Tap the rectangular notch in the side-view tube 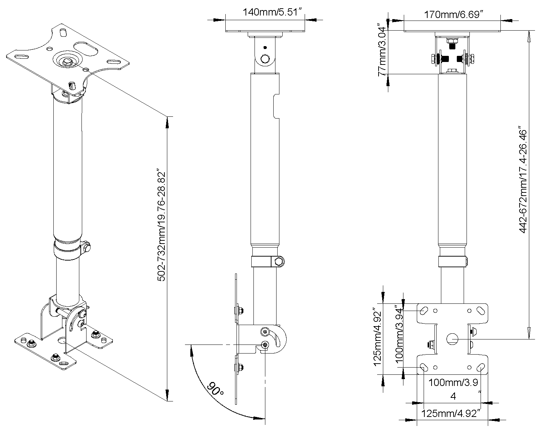[276, 106]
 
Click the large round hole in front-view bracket [452, 339]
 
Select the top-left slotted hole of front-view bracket [424, 310]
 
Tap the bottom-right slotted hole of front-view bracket [480, 368]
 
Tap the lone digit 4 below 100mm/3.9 [453, 396]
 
